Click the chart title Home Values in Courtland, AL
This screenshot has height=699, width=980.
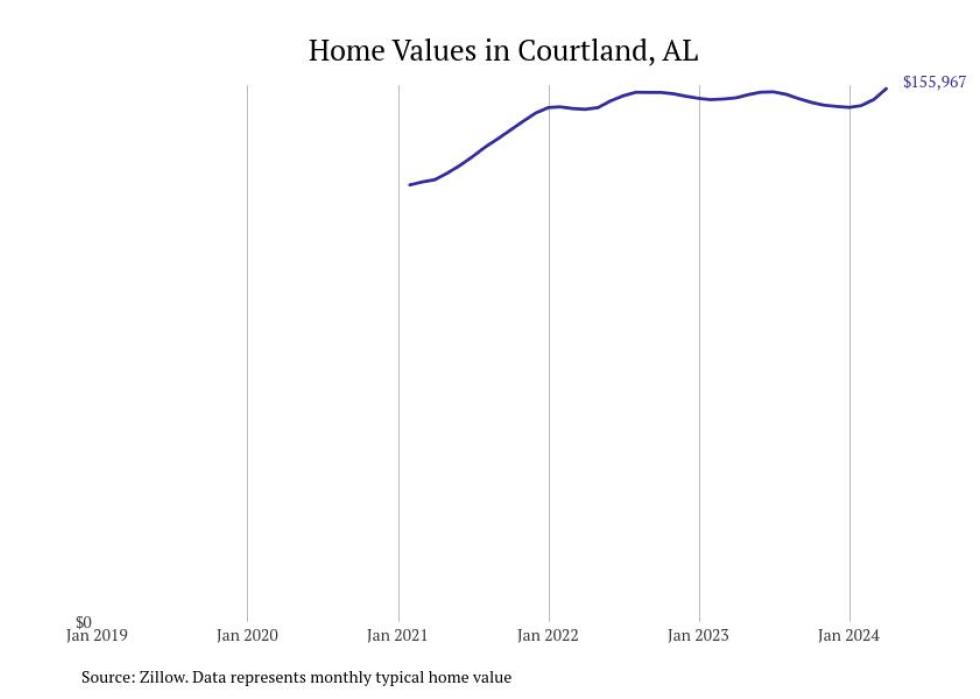pos(503,51)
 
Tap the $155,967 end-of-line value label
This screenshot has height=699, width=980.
pos(934,82)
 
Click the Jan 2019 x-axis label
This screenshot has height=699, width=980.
pos(97,636)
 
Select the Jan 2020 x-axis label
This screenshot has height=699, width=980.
pos(247,636)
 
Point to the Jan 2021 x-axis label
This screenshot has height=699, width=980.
pos(398,636)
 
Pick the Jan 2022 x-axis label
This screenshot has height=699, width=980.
pos(549,636)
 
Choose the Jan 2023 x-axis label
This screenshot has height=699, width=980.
pos(699,636)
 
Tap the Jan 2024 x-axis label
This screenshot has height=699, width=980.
pos(849,636)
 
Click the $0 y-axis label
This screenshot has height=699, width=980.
pos(83,623)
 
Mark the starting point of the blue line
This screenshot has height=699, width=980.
pos(410,184)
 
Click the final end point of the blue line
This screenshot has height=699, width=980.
pos(886,89)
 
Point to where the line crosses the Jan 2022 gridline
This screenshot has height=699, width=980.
pos(549,107)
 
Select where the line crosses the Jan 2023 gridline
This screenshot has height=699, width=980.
pos(699,99)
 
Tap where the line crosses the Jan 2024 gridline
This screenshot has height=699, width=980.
pos(850,107)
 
